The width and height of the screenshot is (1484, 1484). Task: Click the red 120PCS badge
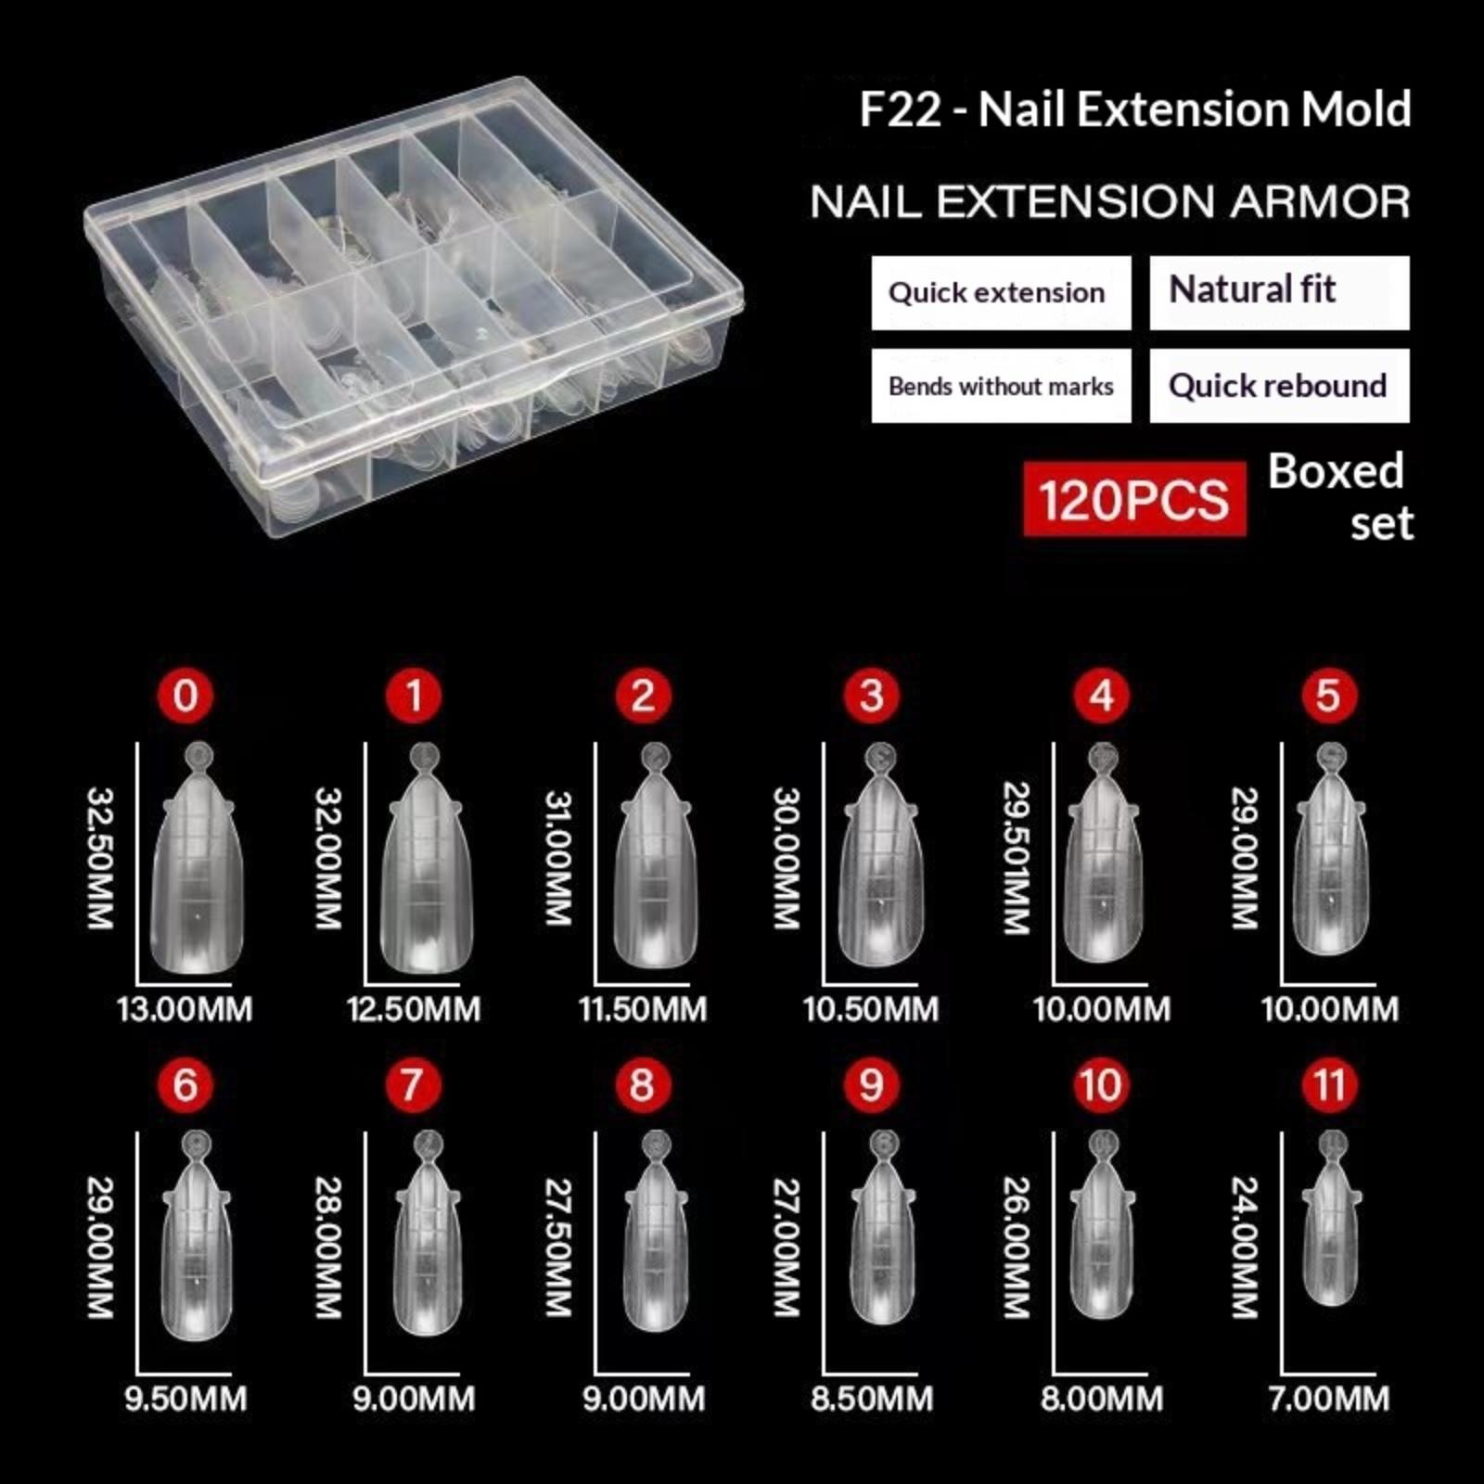(1134, 499)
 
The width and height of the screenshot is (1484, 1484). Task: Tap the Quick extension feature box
(1001, 293)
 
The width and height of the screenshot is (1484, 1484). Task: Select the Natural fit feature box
(1279, 293)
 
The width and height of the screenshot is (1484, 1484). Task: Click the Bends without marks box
(1001, 386)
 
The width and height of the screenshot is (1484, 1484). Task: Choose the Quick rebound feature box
(1279, 386)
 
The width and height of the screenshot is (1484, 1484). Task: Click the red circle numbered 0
(185, 696)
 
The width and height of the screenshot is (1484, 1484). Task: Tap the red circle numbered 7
(414, 1084)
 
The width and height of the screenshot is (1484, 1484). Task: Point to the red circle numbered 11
(1329, 1084)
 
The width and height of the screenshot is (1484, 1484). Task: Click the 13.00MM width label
(185, 1009)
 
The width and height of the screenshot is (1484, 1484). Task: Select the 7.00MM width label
(1329, 1399)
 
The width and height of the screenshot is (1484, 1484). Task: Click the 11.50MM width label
(643, 1009)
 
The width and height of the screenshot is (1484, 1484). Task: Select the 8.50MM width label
(872, 1399)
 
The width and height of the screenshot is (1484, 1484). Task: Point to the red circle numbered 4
(1101, 696)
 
